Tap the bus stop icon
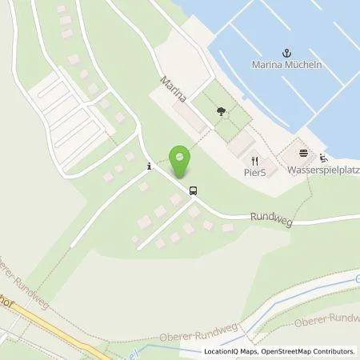[x=192, y=190]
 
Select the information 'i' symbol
[x=149, y=166]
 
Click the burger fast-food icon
[x=302, y=154]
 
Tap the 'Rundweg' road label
[x=268, y=216]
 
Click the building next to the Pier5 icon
[x=240, y=144]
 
